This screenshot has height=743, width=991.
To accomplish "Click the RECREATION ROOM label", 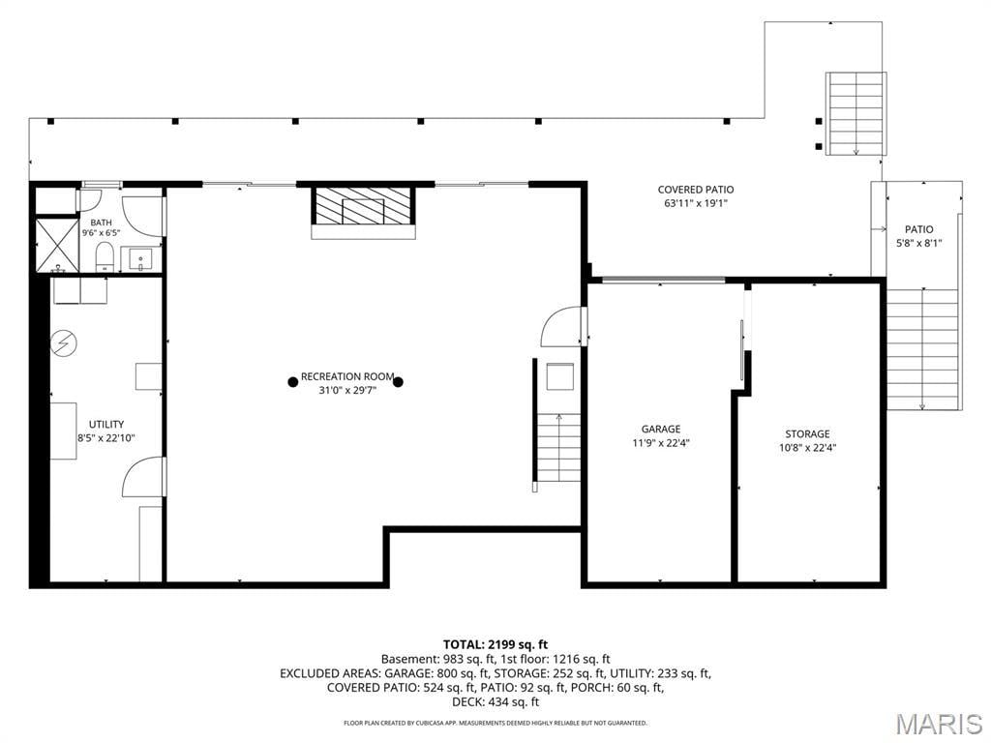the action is tap(347, 376).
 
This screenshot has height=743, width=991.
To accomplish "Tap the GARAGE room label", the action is tap(661, 429).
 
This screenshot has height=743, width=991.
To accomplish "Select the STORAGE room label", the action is tap(807, 434).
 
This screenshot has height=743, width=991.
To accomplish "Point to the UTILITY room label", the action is tap(106, 425).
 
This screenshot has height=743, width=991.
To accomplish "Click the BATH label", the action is tap(101, 223).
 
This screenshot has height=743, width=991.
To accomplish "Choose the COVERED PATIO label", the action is tap(696, 190).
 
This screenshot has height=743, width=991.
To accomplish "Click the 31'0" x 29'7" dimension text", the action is tap(347, 391).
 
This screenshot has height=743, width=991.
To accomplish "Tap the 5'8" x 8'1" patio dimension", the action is tap(919, 243).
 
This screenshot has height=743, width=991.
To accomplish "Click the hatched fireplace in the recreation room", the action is tap(364, 207).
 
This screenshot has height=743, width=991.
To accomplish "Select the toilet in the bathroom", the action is tap(105, 258).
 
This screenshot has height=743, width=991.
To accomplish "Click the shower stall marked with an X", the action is tap(55, 245).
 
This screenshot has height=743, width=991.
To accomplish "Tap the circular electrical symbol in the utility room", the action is tap(64, 343).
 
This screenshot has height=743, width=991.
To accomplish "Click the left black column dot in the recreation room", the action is tap(292, 381).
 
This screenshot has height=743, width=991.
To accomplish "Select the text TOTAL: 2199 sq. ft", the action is tap(495, 645).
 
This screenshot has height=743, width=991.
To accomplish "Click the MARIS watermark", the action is tap(939, 724).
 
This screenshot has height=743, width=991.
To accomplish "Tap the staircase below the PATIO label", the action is tap(923, 348).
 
